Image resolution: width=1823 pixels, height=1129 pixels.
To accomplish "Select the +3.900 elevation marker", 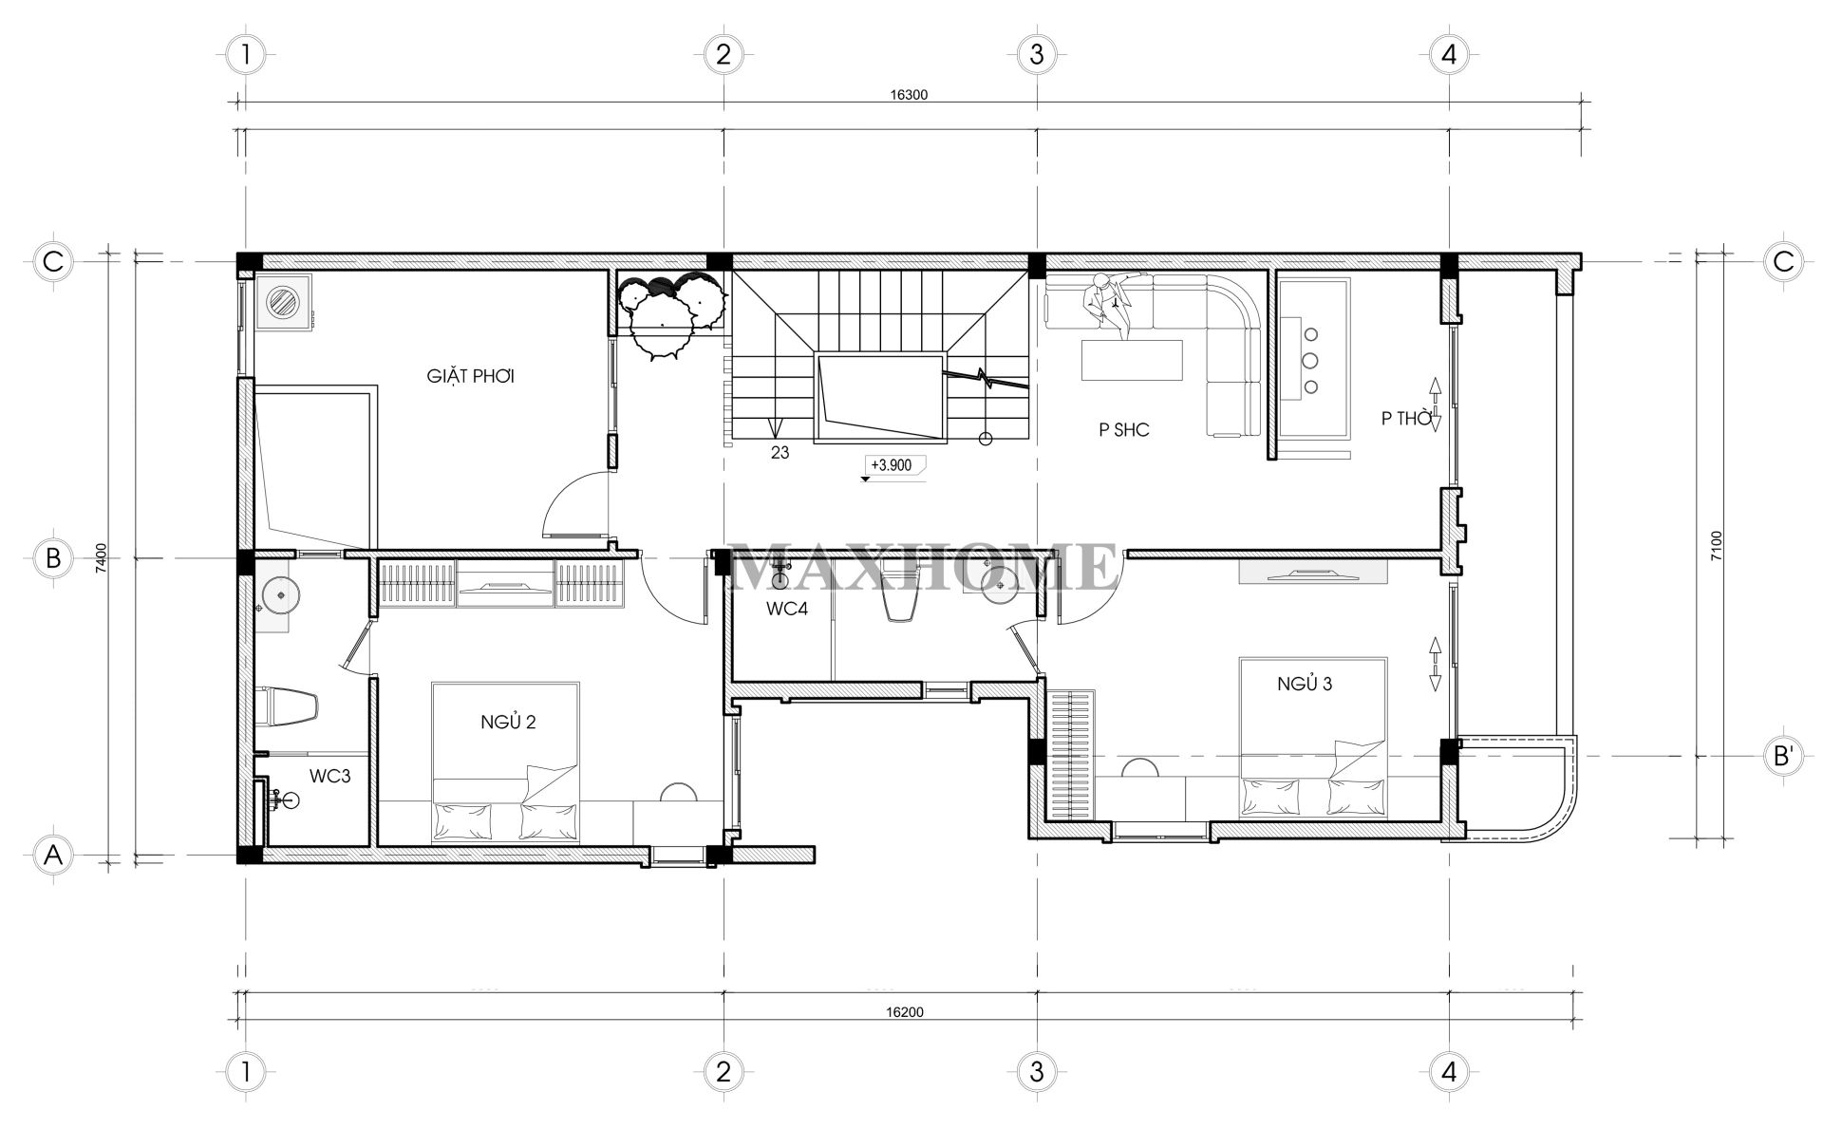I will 891,465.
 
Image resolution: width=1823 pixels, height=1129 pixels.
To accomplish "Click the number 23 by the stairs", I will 780,453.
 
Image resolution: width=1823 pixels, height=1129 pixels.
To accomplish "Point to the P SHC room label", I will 1124,430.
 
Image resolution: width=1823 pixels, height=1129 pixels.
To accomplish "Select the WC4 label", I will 787,610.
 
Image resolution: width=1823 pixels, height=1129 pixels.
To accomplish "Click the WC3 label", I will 329,776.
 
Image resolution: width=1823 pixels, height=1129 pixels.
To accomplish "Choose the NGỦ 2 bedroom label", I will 508,722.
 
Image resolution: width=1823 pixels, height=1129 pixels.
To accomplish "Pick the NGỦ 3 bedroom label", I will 1304,684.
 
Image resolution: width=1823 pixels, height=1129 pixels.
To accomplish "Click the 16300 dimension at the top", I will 909,95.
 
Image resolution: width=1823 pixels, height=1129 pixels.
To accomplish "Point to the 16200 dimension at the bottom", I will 904,1012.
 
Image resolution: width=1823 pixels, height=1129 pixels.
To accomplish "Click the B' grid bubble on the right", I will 1783,757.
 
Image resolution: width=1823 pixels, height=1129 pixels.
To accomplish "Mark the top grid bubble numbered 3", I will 1036,54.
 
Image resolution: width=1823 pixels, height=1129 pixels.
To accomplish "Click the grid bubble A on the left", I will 53,856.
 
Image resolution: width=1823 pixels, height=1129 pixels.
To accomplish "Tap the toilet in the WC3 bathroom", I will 289,706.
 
